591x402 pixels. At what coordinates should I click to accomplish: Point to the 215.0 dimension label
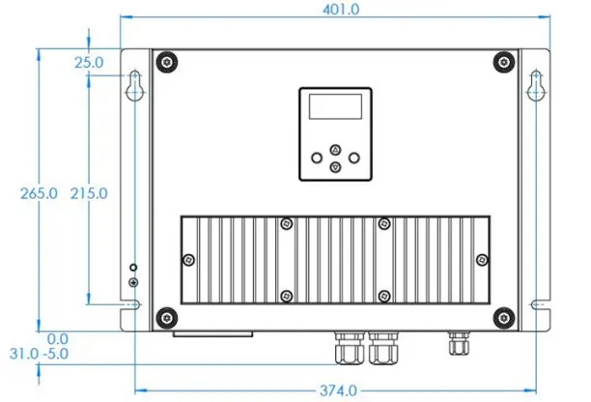point(89,193)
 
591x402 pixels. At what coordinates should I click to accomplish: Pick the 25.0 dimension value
point(89,63)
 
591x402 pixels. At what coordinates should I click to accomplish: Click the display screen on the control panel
point(334,107)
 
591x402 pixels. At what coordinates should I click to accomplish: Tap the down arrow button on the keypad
point(335,166)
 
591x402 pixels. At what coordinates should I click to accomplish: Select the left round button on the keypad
point(317,157)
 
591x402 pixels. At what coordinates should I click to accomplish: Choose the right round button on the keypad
point(353,157)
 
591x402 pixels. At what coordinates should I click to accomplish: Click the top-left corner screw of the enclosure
point(168,63)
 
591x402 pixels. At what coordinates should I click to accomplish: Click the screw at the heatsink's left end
point(189,259)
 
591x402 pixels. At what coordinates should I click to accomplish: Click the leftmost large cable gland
point(346,348)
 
